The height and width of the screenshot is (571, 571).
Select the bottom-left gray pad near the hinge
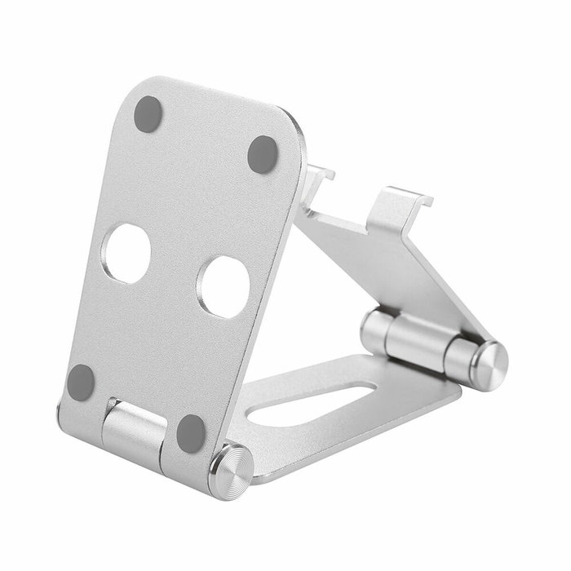[81, 381]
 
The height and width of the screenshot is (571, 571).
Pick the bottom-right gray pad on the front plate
[191, 432]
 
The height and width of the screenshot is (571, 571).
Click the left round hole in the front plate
[127, 253]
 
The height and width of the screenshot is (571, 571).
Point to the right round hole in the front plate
[224, 286]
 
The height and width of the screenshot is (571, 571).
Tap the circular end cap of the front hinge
[231, 471]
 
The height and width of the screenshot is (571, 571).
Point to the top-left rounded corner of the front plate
[139, 86]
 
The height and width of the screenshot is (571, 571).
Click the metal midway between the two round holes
[175, 269]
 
